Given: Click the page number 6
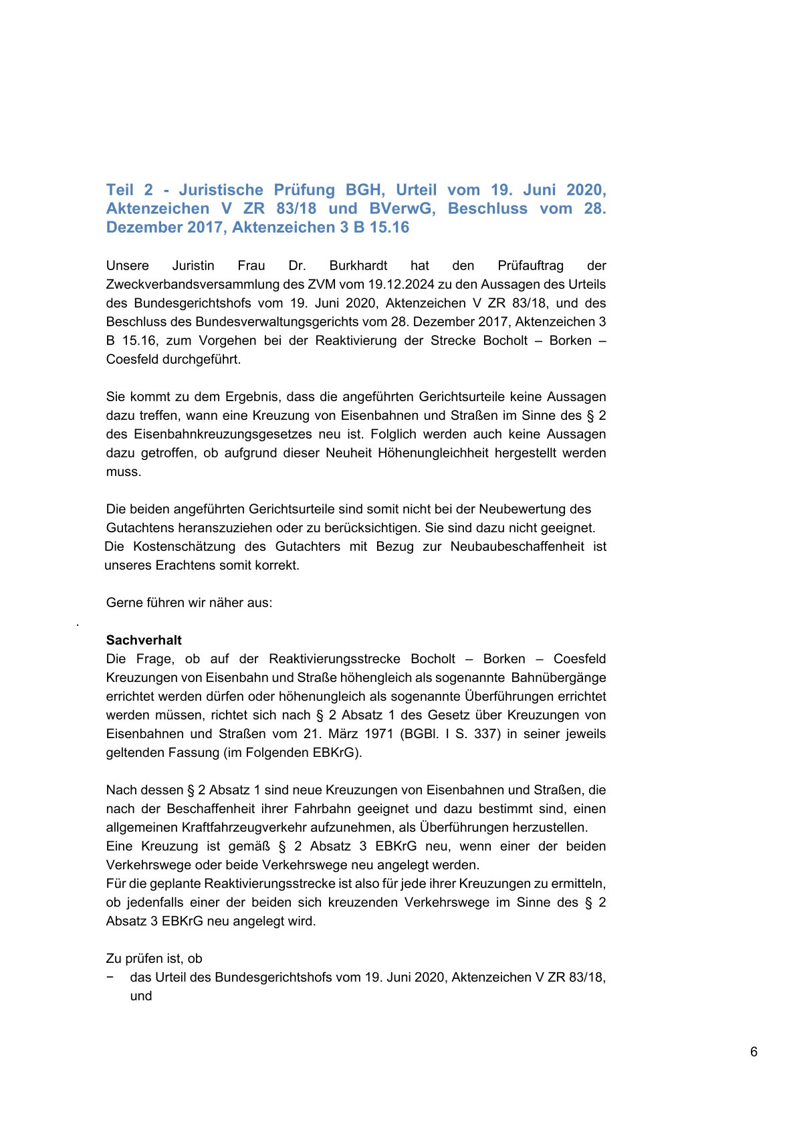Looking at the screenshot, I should (x=754, y=1052).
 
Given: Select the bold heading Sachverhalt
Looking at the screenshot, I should (x=144, y=640).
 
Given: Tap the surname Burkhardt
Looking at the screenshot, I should (x=358, y=265).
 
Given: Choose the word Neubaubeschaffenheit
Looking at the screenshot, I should (x=517, y=546).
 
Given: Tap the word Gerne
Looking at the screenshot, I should (x=124, y=602).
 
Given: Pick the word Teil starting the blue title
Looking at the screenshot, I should (x=120, y=190).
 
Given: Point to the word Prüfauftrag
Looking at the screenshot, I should (x=530, y=265).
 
